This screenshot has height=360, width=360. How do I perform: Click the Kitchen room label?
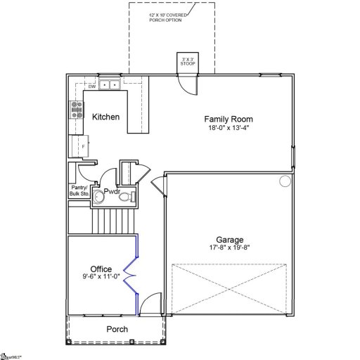(106, 117)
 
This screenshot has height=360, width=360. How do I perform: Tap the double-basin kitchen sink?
(109, 86)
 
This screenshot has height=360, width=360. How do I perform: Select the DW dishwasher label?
(91, 86)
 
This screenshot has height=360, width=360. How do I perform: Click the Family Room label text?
(229, 120)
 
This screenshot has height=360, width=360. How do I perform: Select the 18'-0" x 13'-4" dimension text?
(229, 129)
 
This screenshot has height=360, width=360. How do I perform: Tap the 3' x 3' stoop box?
(188, 63)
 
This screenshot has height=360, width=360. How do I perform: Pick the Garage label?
(230, 238)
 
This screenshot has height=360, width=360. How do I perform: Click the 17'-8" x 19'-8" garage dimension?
(230, 247)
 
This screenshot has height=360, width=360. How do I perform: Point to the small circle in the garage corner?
(285, 181)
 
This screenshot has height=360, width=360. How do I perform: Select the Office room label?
(101, 269)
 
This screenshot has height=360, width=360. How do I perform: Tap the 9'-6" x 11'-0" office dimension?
(101, 277)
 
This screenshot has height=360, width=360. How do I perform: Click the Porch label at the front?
(117, 329)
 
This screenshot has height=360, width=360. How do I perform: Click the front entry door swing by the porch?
(149, 306)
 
